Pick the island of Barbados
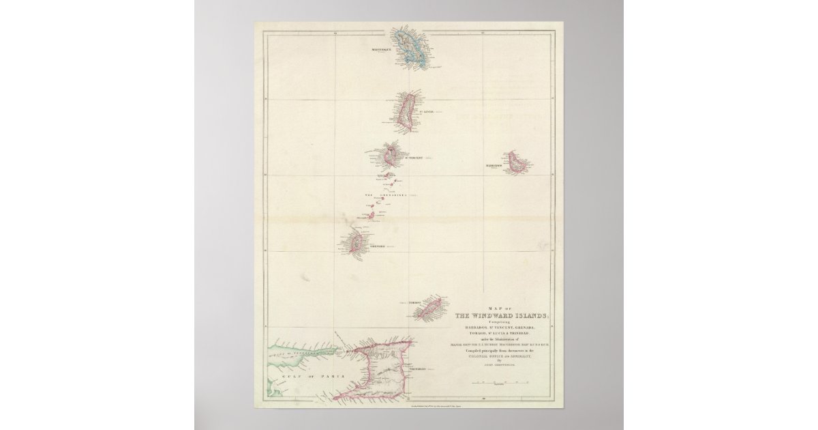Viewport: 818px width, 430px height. [517, 162]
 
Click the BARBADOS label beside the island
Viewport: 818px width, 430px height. [494, 166]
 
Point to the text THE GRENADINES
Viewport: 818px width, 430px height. [387, 195]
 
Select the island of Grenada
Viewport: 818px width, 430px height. [355, 242]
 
